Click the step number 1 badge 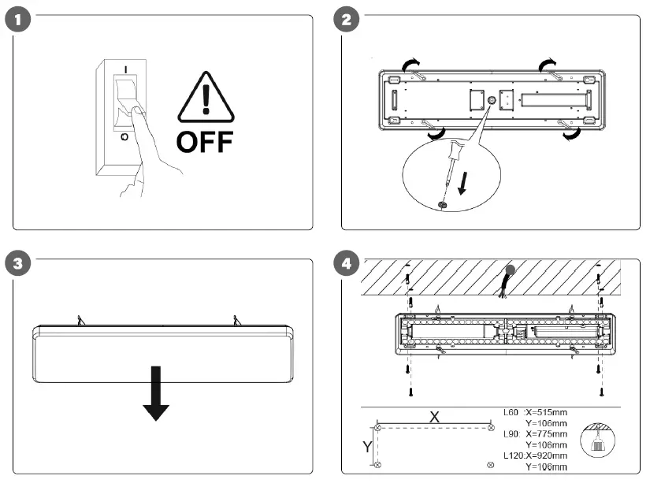(17, 20)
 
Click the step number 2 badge (346, 20)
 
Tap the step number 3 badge (17, 264)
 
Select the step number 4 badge (346, 264)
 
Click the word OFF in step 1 (204, 142)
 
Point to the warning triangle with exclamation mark (205, 100)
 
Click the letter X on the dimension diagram (433, 417)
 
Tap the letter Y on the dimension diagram (366, 446)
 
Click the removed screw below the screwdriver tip (443, 204)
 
